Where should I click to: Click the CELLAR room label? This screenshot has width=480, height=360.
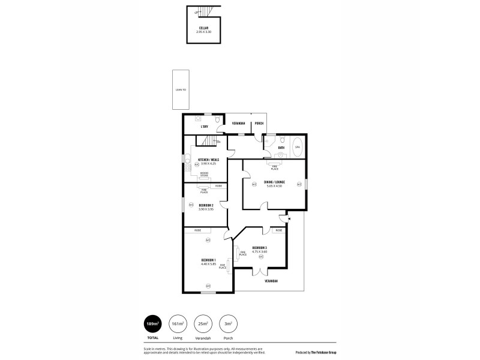click(204, 28)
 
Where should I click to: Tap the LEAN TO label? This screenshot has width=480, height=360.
click(181, 90)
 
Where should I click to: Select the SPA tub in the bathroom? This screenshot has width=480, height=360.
click(297, 147)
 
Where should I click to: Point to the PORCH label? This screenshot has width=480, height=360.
click(259, 124)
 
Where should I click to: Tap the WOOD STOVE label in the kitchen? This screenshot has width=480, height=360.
click(205, 175)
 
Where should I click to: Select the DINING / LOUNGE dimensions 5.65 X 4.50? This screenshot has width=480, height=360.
click(274, 185)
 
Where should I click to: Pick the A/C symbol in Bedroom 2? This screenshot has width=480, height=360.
click(191, 205)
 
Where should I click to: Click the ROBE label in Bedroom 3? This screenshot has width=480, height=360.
click(279, 230)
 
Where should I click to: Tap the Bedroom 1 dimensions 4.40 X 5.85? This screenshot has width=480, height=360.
click(208, 263)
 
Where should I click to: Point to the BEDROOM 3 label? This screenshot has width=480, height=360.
click(260, 248)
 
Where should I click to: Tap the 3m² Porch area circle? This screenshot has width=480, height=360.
click(228, 324)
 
